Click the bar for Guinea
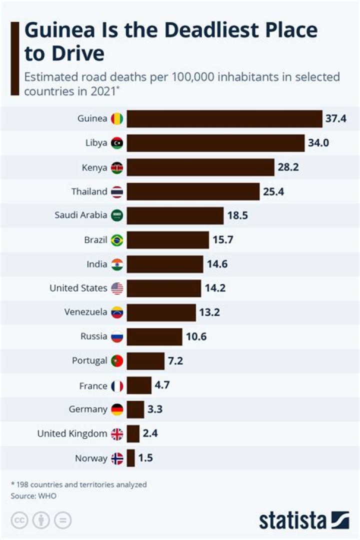pos(224,119)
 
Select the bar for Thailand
pos(193,191)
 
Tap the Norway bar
pos(130,458)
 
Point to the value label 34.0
pos(319,143)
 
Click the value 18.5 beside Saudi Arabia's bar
pos(237,215)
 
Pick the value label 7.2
pos(175,360)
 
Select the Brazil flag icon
pos(117,240)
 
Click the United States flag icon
pos(117,288)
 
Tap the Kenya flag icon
pos(117,167)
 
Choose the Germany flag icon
pos(117,409)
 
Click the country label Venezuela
pos(85,312)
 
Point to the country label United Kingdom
pos(72,433)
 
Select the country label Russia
pos(93,336)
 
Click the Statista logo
pos(303,520)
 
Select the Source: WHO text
pos(33,496)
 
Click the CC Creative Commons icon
pos(19,520)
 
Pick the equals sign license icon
pos(62,520)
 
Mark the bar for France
pos(138,385)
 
